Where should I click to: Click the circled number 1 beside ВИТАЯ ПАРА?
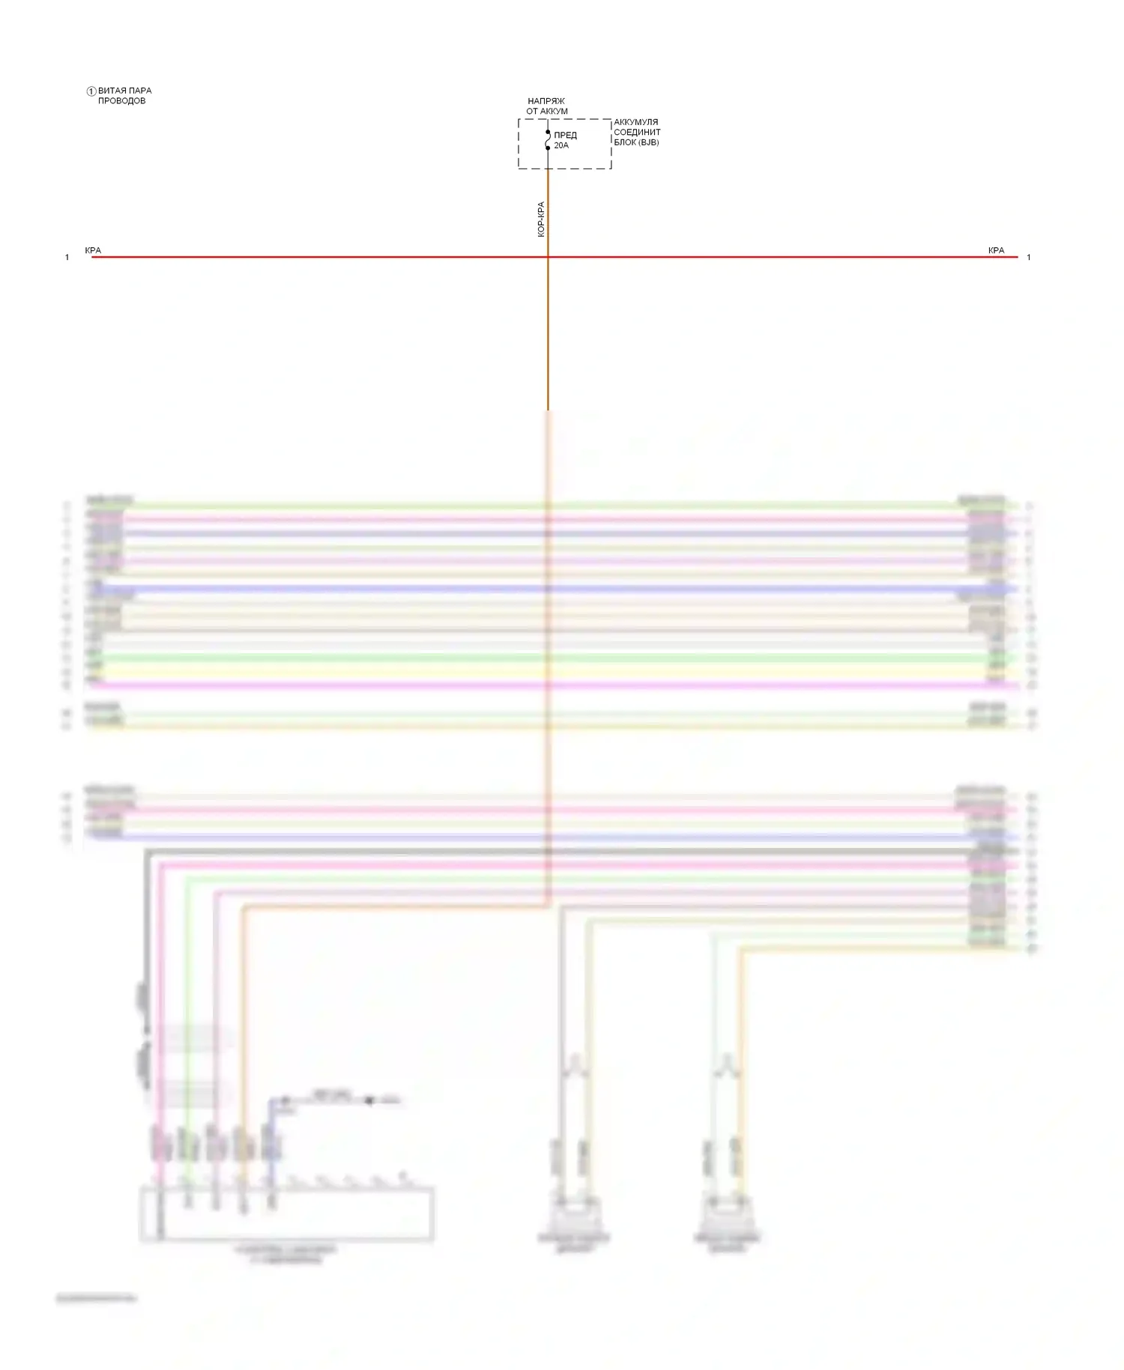pyautogui.click(x=91, y=91)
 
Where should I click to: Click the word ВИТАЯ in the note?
pyautogui.click(x=111, y=91)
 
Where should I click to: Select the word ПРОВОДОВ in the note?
pyautogui.click(x=121, y=101)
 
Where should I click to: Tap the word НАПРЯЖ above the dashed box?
pyautogui.click(x=546, y=101)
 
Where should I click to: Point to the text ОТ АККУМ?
pyautogui.click(x=547, y=112)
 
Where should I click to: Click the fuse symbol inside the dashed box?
pyautogui.click(x=548, y=140)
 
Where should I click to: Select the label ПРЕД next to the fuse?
pyautogui.click(x=566, y=136)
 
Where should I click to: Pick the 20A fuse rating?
pyautogui.click(x=561, y=146)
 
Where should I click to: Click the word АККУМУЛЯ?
pyautogui.click(x=636, y=122)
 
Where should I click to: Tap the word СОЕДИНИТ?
pyautogui.click(x=637, y=133)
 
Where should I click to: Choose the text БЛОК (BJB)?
pyautogui.click(x=636, y=142)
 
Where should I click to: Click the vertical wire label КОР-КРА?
pyautogui.click(x=541, y=219)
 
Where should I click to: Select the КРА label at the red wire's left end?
pyautogui.click(x=93, y=250)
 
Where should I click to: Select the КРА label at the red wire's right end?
pyautogui.click(x=996, y=250)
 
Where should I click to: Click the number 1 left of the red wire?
pyautogui.click(x=67, y=258)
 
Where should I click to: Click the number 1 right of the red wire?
pyautogui.click(x=1029, y=258)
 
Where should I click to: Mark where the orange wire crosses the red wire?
pyautogui.click(x=548, y=257)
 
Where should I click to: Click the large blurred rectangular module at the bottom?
pyautogui.click(x=286, y=1213)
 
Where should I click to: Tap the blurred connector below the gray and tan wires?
pyautogui.click(x=574, y=1214)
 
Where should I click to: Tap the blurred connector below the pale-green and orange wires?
pyautogui.click(x=726, y=1214)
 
